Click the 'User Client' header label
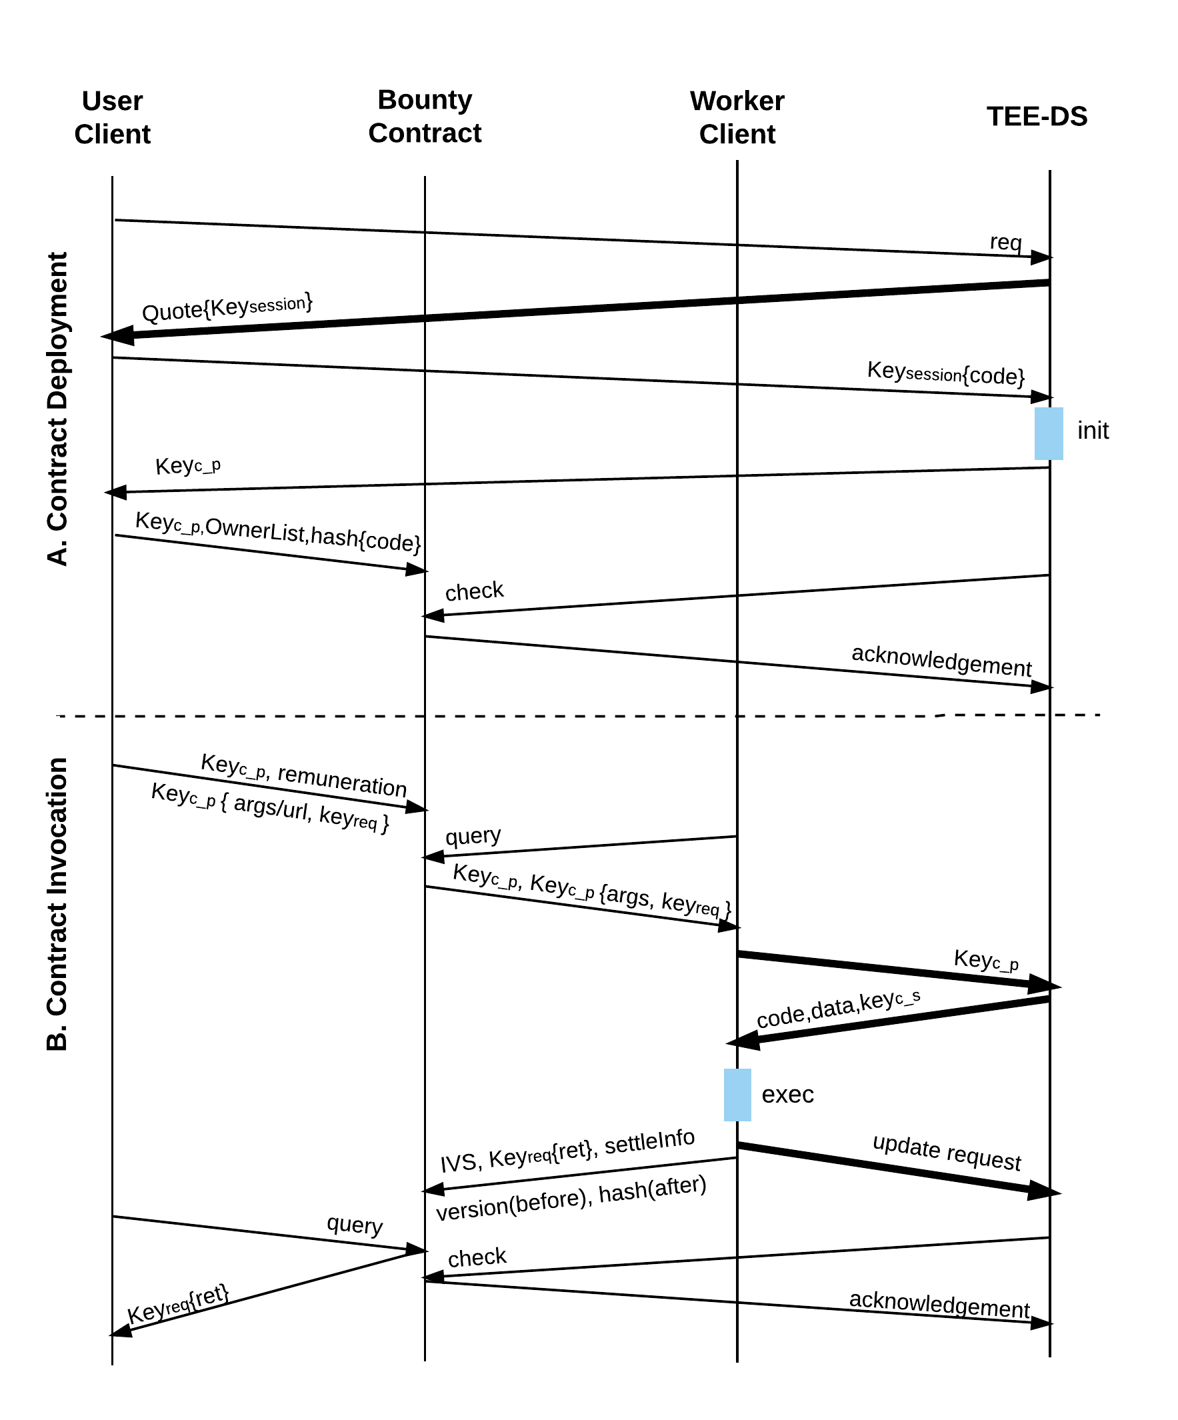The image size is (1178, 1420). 112,117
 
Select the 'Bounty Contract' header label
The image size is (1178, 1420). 425,116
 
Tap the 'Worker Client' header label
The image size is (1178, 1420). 737,117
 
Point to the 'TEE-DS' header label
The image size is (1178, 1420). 1037,116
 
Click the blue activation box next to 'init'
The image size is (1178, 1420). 1048,433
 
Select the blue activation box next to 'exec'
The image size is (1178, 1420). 737,1095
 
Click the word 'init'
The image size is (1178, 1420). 1093,431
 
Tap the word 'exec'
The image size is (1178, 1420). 787,1094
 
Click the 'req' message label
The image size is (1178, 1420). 1005,242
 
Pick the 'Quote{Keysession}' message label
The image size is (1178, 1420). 227,308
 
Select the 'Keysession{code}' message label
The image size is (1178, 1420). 946,373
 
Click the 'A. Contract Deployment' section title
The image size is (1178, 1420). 58,409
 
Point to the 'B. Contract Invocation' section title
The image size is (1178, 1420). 58,904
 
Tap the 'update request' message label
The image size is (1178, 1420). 946,1152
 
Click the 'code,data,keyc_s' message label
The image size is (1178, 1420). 838,1009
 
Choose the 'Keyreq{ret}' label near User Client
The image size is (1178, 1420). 178,1305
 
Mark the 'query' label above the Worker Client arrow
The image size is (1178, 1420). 473,837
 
